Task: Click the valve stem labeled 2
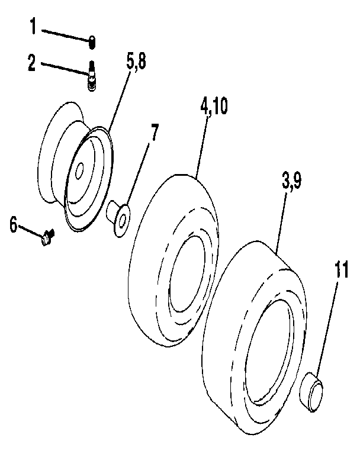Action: [92, 77]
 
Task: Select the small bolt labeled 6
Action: [47, 239]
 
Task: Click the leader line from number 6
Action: [31, 231]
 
